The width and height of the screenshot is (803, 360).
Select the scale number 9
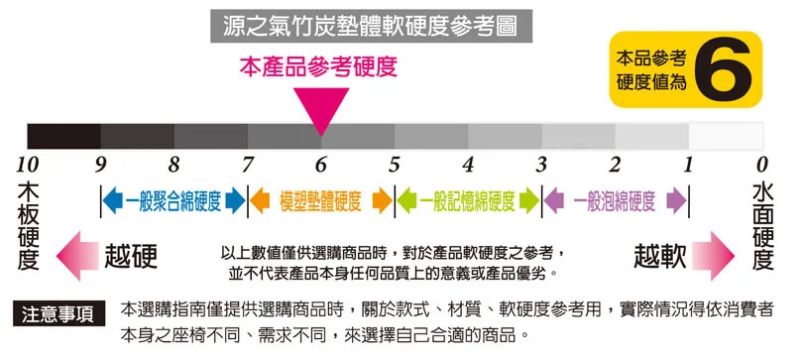pyautogui.click(x=100, y=164)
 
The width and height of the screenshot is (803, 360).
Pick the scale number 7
pyautogui.click(x=247, y=164)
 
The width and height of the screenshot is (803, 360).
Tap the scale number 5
pyautogui.click(x=394, y=164)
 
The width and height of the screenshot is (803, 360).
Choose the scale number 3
pyautogui.click(x=541, y=164)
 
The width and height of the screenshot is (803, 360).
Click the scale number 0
pyautogui.click(x=761, y=164)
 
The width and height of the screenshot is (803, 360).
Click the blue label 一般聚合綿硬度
pyautogui.click(x=172, y=201)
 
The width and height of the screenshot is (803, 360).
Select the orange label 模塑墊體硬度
pyautogui.click(x=320, y=201)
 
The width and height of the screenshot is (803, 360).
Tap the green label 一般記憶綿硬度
pyautogui.click(x=467, y=201)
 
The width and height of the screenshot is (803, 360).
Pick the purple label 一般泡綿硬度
pyautogui.click(x=615, y=201)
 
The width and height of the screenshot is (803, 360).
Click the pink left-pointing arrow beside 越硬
pyautogui.click(x=78, y=255)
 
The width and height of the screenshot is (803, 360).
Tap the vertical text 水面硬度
pyautogui.click(x=761, y=225)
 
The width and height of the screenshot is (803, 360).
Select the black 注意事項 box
pyautogui.click(x=58, y=315)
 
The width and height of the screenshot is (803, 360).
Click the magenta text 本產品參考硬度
pyautogui.click(x=318, y=67)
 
